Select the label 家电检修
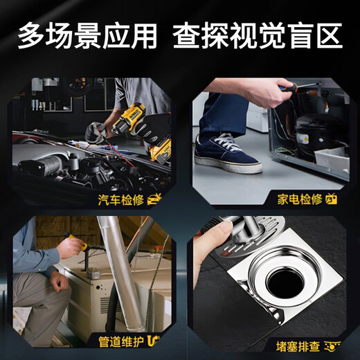[300, 199]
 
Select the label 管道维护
[120, 340]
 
